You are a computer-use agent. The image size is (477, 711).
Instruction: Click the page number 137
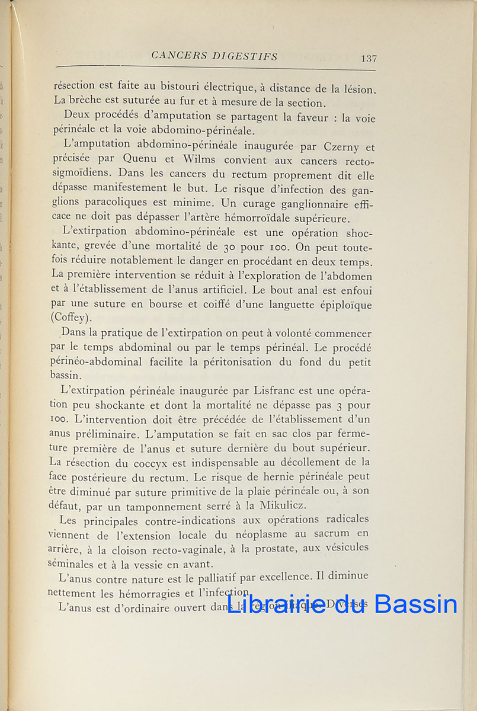[369, 58]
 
